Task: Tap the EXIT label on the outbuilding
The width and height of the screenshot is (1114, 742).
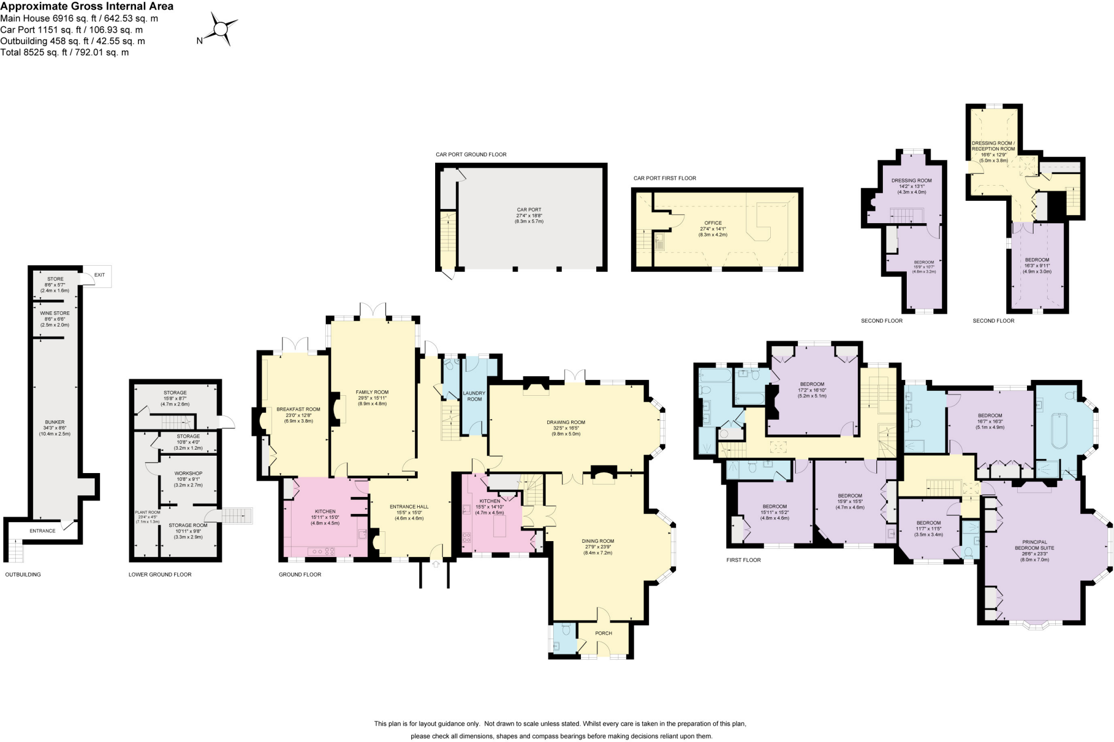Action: (x=100, y=275)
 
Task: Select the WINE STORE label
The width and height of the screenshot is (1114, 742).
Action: (x=55, y=314)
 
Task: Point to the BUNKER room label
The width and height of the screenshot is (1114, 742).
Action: (x=55, y=422)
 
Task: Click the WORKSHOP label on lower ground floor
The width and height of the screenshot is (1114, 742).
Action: (x=188, y=474)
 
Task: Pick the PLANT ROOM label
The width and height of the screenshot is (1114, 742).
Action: (x=147, y=512)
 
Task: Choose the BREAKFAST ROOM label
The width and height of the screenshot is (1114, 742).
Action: (x=298, y=409)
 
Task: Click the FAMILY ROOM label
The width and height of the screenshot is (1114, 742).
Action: (x=372, y=393)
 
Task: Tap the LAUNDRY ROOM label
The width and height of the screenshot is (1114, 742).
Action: (x=474, y=396)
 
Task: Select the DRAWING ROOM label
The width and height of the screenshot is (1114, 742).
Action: (x=566, y=422)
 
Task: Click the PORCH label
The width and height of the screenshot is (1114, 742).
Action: (x=603, y=633)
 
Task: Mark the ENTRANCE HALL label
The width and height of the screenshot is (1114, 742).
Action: (x=409, y=507)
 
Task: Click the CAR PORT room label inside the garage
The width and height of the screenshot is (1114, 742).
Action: (x=529, y=210)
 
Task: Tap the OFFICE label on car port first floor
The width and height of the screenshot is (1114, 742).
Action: (x=713, y=223)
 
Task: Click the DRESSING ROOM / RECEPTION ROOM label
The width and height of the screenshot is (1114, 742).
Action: (x=993, y=146)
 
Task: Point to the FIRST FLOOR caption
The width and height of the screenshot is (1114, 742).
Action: (x=744, y=560)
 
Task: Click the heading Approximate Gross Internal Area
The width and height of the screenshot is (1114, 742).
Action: (x=87, y=7)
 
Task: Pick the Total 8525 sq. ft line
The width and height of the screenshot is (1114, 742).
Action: (x=65, y=53)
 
